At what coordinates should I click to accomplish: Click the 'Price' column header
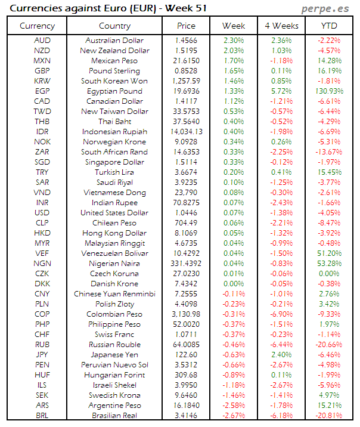[186, 26]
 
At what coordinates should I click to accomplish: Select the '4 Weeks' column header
[281, 26]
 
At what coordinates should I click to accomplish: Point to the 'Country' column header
[114, 26]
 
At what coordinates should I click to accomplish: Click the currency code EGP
[42, 91]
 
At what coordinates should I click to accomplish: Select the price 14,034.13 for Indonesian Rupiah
[186, 132]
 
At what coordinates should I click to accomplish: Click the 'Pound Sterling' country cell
[114, 71]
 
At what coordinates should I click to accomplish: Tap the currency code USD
[42, 213]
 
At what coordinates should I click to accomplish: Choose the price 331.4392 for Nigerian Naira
[186, 264]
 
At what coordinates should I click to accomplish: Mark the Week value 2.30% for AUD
[233, 41]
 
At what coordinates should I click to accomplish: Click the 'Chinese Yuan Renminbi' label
[114, 294]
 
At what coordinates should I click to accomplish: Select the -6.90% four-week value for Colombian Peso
[281, 314]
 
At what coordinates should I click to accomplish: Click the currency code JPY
[42, 355]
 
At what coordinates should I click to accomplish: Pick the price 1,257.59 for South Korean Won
[186, 81]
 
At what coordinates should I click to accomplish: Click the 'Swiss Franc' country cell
[114, 335]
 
